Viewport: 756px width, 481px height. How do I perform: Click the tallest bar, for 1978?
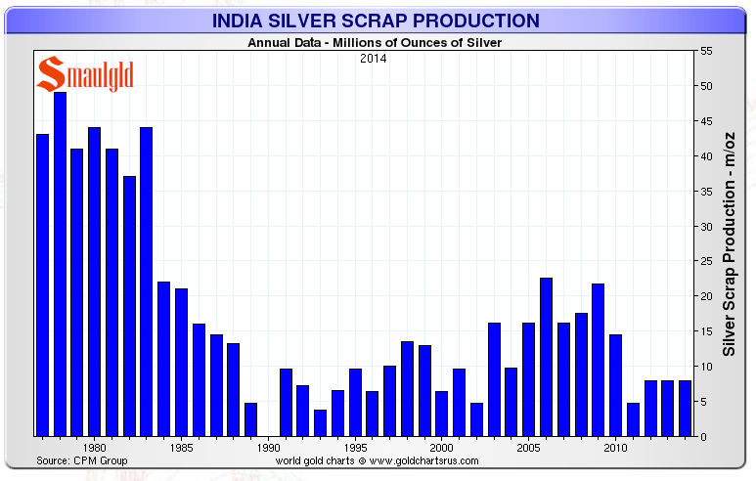(60, 264)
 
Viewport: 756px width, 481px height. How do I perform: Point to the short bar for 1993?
(320, 422)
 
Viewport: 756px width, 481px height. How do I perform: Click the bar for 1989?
(250, 419)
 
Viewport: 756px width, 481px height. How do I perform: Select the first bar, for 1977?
(42, 284)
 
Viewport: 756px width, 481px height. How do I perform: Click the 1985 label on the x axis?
(181, 448)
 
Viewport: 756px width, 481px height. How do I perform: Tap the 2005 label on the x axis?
(528, 448)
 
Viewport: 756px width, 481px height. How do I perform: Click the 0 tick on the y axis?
(703, 436)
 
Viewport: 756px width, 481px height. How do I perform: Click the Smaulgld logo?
(85, 74)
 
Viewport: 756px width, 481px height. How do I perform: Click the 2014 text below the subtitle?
(372, 59)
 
